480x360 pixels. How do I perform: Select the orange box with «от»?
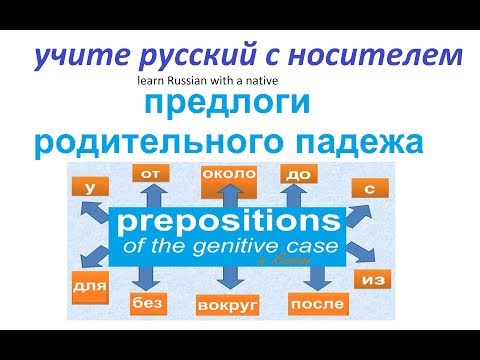tap(151, 175)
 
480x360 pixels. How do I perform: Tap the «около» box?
tap(229, 174)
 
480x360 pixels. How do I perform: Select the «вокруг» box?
tap(229, 302)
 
